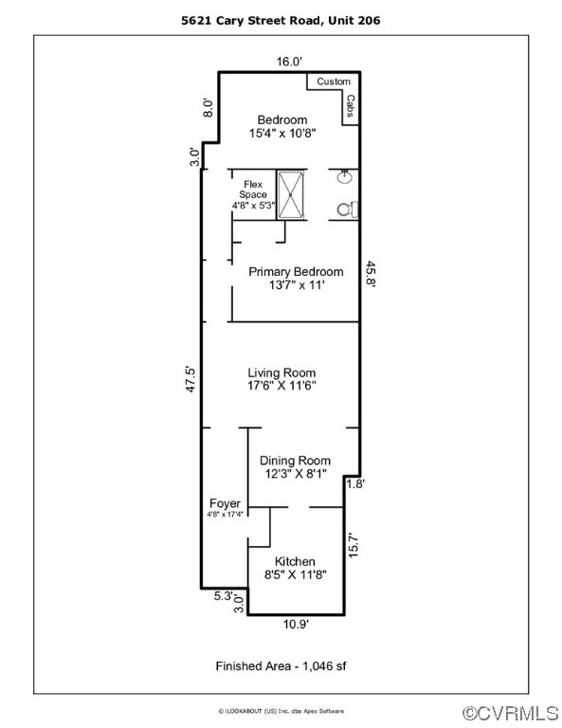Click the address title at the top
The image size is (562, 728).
pyautogui.click(x=281, y=19)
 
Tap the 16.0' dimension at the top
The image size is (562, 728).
pyautogui.click(x=289, y=62)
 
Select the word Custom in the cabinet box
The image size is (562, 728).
pyautogui.click(x=333, y=82)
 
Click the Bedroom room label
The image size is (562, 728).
pyautogui.click(x=282, y=119)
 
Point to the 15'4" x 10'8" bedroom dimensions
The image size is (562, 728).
pyautogui.click(x=282, y=135)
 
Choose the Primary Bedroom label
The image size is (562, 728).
pyautogui.click(x=296, y=272)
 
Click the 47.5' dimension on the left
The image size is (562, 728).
pyautogui.click(x=190, y=379)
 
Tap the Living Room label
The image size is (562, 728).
pyautogui.click(x=281, y=373)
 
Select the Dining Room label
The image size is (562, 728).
pyautogui.click(x=296, y=461)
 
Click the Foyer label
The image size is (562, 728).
pyautogui.click(x=225, y=503)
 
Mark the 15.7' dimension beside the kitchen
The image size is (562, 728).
pyautogui.click(x=354, y=548)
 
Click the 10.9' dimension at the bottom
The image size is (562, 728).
pyautogui.click(x=295, y=624)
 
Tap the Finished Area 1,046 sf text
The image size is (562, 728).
pyautogui.click(x=281, y=666)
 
